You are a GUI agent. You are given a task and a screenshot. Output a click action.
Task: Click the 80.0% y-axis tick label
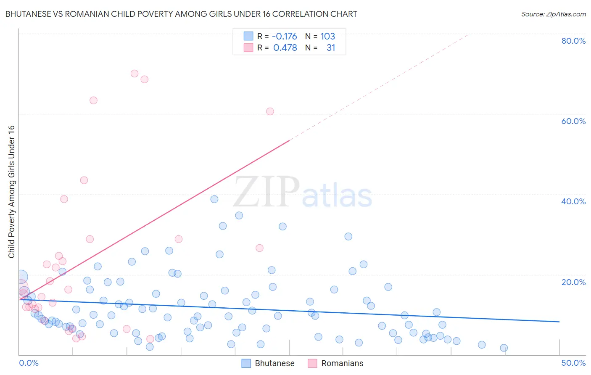tap(573, 41)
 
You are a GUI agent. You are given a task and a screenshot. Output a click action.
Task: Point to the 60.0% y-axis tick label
tap(573, 121)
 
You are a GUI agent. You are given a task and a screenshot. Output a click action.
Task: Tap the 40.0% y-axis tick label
tap(573, 201)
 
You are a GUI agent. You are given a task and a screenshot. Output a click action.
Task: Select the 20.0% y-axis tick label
tap(573, 282)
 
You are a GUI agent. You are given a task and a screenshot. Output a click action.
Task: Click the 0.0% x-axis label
tap(29, 363)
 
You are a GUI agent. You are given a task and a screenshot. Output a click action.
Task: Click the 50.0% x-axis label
tap(573, 363)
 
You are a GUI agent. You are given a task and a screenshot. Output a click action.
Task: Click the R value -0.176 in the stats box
tap(284, 36)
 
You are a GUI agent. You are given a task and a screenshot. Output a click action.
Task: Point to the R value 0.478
tap(285, 48)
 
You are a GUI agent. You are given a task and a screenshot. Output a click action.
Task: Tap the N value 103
tap(327, 36)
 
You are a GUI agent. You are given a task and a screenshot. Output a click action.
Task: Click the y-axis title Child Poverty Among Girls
tap(11, 192)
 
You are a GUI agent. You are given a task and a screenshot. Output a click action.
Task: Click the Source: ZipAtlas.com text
tap(553, 14)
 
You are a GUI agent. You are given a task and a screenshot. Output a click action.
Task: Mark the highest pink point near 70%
tap(135, 74)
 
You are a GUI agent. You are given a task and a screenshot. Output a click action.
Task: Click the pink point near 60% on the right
tap(270, 111)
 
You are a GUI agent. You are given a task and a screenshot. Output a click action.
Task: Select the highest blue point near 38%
tap(214, 199)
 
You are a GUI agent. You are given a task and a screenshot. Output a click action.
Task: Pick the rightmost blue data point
tap(504, 348)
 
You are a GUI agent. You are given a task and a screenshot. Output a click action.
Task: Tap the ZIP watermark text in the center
tap(266, 193)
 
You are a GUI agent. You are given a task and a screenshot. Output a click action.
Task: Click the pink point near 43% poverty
tap(84, 180)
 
